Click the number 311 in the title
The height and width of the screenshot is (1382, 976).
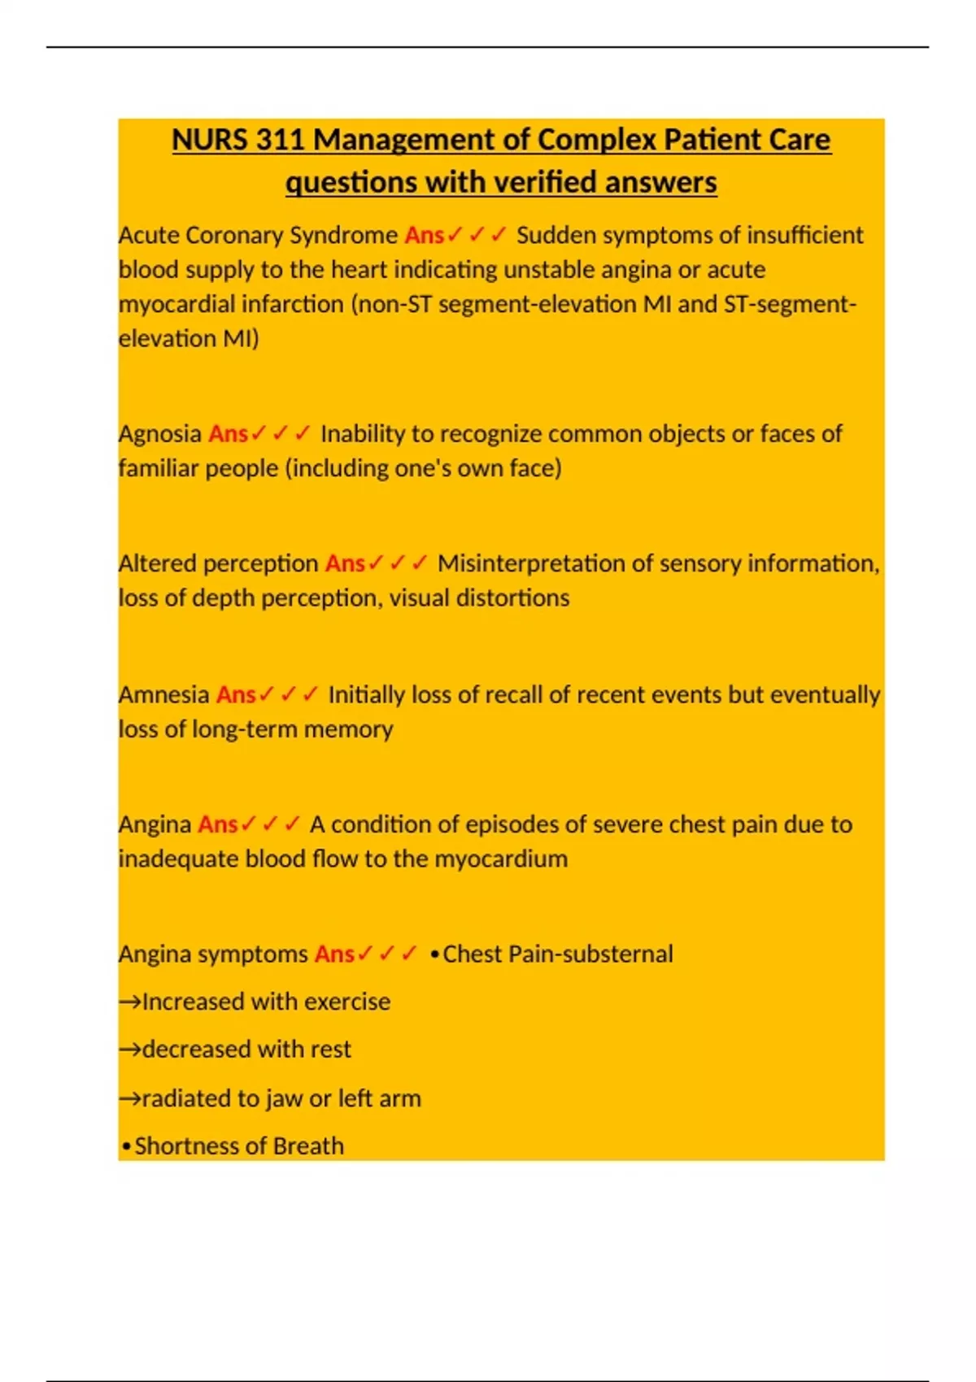(280, 140)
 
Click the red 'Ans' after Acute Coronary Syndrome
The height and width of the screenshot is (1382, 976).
(424, 235)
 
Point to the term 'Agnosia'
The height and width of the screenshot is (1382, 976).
(159, 434)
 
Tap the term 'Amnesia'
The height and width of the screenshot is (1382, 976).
(163, 695)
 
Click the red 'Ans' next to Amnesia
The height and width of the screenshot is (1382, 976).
(236, 695)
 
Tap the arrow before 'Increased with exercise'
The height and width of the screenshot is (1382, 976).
(129, 1002)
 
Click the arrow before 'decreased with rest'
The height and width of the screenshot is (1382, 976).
(129, 1050)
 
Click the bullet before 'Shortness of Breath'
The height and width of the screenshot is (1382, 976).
(126, 1147)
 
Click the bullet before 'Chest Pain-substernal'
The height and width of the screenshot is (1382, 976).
(434, 954)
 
